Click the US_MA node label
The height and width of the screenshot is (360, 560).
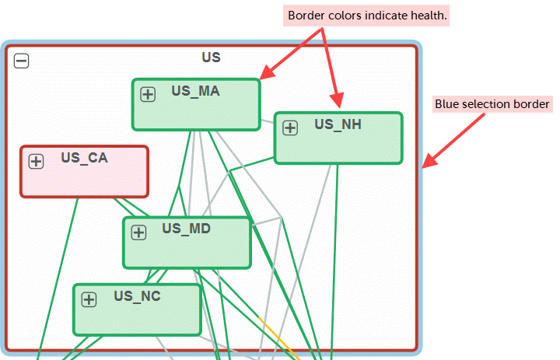(x=195, y=91)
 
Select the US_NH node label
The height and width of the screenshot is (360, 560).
(x=338, y=124)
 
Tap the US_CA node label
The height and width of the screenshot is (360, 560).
(x=84, y=158)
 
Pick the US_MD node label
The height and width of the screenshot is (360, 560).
(x=186, y=229)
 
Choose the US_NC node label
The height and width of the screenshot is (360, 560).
(x=137, y=295)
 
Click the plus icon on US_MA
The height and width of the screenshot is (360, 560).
(x=148, y=94)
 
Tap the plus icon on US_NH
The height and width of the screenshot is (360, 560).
(x=290, y=128)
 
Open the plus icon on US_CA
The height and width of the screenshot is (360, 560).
(x=36, y=161)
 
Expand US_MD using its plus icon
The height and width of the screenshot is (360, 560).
(x=138, y=232)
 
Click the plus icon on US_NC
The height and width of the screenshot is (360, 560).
(x=89, y=299)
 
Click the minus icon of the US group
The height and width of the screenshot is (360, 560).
(x=22, y=61)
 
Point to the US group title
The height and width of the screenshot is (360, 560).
(x=211, y=58)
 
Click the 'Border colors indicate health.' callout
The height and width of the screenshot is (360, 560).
(x=367, y=16)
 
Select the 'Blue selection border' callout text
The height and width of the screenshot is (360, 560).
(x=492, y=103)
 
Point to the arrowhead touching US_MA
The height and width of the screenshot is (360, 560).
(x=265, y=75)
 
